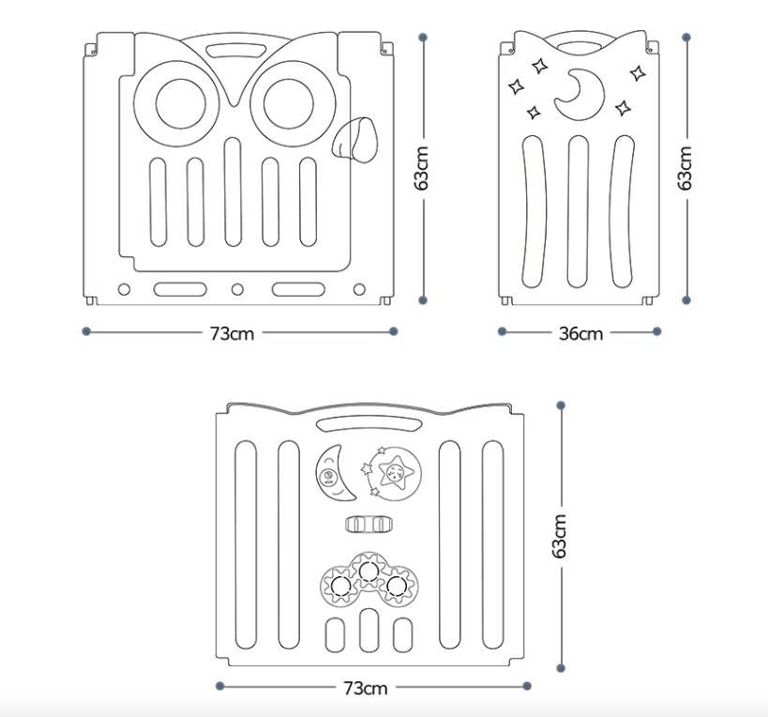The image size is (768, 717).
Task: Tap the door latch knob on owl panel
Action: point(354,140)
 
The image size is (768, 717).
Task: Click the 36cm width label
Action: point(580,333)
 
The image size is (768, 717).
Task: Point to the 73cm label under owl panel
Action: point(233,333)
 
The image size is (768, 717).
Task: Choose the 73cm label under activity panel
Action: point(365,688)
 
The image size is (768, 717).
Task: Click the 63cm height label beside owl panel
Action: point(423,168)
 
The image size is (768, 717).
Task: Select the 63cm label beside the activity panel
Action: point(560,536)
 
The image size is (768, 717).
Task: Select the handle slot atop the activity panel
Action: point(365,423)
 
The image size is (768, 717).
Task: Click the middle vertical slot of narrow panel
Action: point(579,210)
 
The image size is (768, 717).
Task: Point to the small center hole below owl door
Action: point(237,288)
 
